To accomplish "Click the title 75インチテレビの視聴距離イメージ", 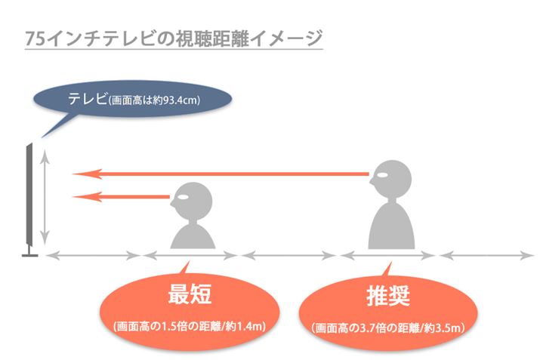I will coord(173,38).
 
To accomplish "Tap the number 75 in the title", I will coord(33,38).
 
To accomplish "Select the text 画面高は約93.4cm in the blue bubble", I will coord(154,100).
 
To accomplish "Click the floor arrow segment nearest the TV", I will coord(94,257).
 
